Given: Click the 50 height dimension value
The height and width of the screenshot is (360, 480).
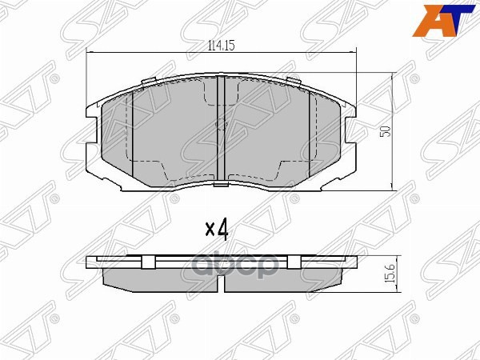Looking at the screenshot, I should point(384,131).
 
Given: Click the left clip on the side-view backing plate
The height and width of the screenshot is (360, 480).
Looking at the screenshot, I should point(149,262).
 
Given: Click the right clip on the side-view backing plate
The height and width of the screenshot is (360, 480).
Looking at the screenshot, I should point(291,262).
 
